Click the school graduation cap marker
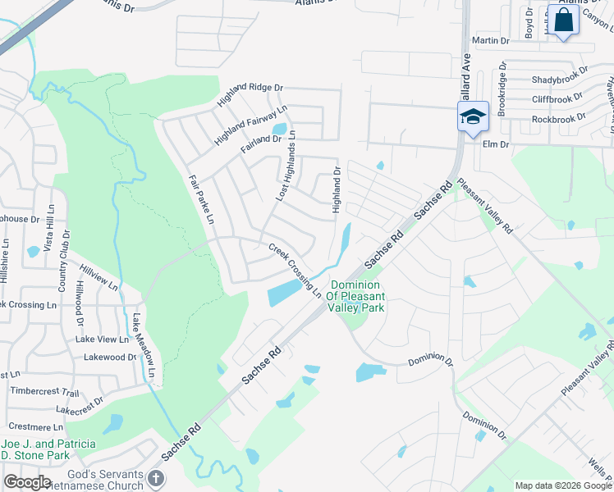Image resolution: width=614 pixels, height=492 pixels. [x=473, y=116]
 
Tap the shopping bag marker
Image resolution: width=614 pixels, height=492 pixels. [x=564, y=20]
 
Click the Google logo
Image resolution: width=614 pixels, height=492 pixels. [x=27, y=482]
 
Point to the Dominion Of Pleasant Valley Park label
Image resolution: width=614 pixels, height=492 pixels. [x=355, y=296]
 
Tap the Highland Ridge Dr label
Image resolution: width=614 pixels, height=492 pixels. [x=250, y=96]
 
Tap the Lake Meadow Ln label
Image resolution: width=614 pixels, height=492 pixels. [x=144, y=348]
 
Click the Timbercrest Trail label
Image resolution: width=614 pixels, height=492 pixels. [x=44, y=393]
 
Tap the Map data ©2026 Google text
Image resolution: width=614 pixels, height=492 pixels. [x=562, y=485]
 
